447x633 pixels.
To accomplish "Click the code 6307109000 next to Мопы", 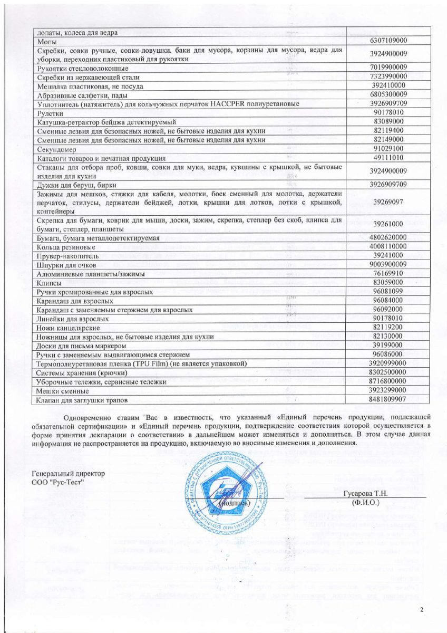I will (388, 41).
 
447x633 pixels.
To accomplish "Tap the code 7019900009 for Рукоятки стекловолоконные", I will (388, 68).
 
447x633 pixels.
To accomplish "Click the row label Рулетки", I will (51, 113).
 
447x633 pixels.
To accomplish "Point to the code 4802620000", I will (388, 238).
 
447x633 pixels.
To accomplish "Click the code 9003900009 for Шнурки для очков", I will (388, 264).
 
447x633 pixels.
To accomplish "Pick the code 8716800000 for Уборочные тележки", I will (388, 381).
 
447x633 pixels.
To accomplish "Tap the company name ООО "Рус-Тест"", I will (58, 482).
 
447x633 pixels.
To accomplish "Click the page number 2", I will (422, 610).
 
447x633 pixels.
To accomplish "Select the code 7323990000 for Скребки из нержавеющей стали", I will (388, 76).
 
